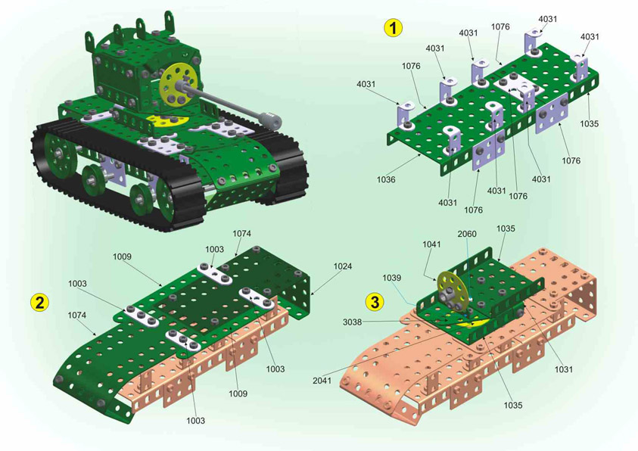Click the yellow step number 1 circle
click(393, 28)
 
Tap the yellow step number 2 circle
click(39, 302)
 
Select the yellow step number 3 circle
click(375, 302)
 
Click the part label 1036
click(386, 179)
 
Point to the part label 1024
click(342, 266)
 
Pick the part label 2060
click(467, 234)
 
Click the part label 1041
click(431, 244)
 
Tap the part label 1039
click(391, 278)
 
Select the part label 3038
click(352, 322)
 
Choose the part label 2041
click(322, 381)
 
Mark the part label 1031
click(564, 369)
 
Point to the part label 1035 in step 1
click(589, 123)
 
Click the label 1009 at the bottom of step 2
click(238, 393)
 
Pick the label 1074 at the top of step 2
click(241, 233)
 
